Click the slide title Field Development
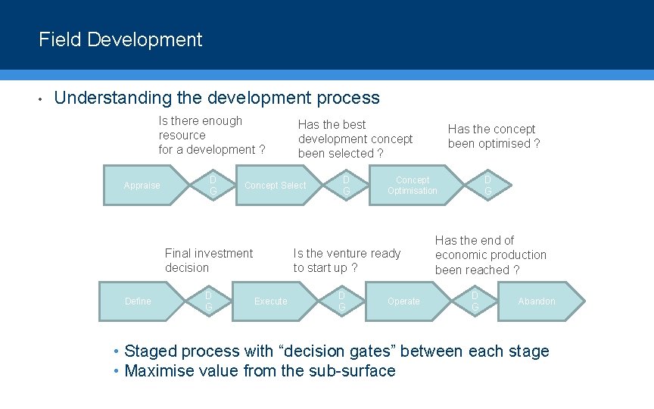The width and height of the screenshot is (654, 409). tap(120, 39)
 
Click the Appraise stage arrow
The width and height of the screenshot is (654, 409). tap(144, 186)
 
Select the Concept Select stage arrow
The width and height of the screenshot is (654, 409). tap(275, 186)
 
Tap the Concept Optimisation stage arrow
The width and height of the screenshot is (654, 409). tap(413, 186)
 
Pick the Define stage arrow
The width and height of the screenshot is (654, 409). tap(139, 301)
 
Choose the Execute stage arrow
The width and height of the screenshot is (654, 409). tap(271, 301)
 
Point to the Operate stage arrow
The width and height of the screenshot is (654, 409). tap(403, 301)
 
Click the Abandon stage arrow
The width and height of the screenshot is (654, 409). tap(537, 301)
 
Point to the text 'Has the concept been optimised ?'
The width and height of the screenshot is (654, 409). tap(494, 136)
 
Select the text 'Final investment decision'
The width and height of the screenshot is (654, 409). tap(209, 261)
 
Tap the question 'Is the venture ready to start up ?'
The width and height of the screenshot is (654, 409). tap(347, 261)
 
